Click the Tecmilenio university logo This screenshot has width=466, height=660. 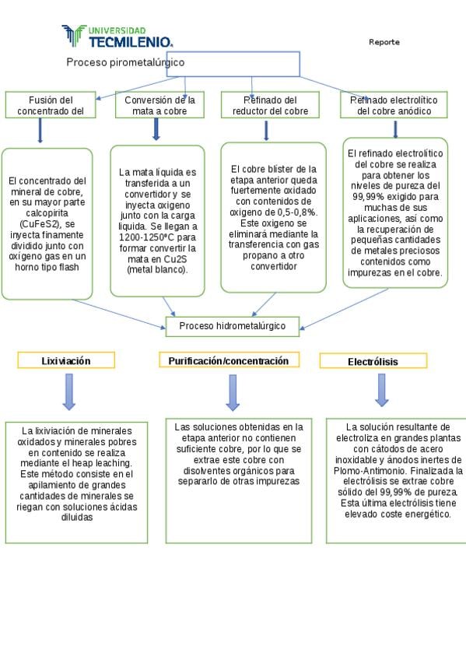click(x=117, y=36)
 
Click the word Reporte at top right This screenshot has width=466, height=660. click(x=384, y=42)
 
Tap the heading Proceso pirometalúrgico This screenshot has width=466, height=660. click(x=125, y=62)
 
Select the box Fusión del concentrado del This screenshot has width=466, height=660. click(x=51, y=105)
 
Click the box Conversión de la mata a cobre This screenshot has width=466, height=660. click(x=159, y=105)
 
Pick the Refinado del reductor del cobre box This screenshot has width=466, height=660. click(x=270, y=105)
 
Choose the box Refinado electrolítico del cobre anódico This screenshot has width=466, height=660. click(x=394, y=105)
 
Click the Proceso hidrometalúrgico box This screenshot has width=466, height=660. click(x=233, y=327)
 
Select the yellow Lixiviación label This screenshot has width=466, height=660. click(x=66, y=360)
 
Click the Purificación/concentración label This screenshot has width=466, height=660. click(x=229, y=360)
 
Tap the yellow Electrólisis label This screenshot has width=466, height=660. click(x=373, y=361)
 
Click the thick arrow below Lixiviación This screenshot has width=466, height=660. click(x=69, y=392)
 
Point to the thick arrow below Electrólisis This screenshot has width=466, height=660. click(x=382, y=390)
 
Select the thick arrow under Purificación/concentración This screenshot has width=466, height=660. click(x=233, y=393)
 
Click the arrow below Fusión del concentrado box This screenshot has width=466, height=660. click(x=40, y=131)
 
